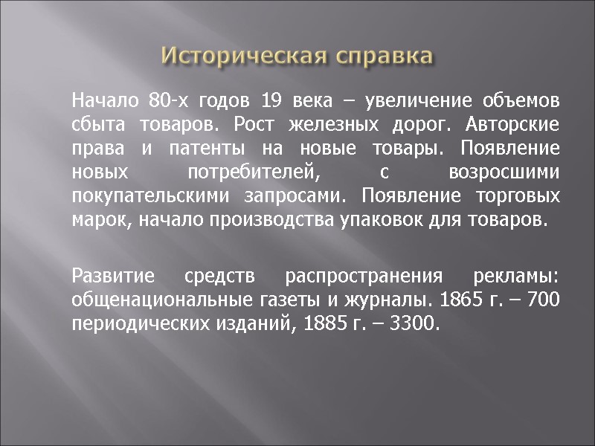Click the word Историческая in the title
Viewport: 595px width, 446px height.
pos(244,56)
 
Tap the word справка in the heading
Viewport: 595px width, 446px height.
pos(382,56)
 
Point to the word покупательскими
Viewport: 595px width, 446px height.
pos(152,197)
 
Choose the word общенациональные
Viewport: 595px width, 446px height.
pos(153,301)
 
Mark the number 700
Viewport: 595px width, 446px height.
pos(544,301)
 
